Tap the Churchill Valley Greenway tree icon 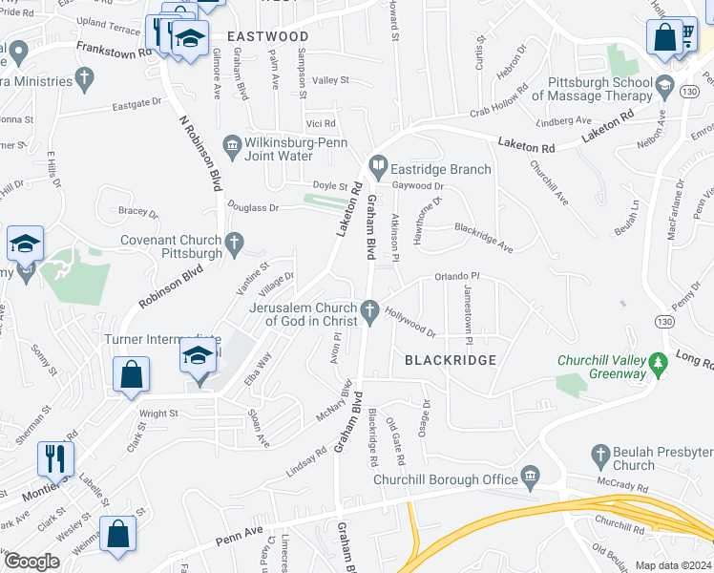pos(657,363)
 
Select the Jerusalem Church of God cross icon pos(369,309)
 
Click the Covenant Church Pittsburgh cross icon pos(233,244)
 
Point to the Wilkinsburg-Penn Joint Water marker pos(232,146)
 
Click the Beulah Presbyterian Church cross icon pos(600,454)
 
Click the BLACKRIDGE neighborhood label pos(451,360)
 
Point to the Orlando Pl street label pos(455,276)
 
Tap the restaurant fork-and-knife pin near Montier pos(55,457)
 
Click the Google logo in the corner pos(31,561)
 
